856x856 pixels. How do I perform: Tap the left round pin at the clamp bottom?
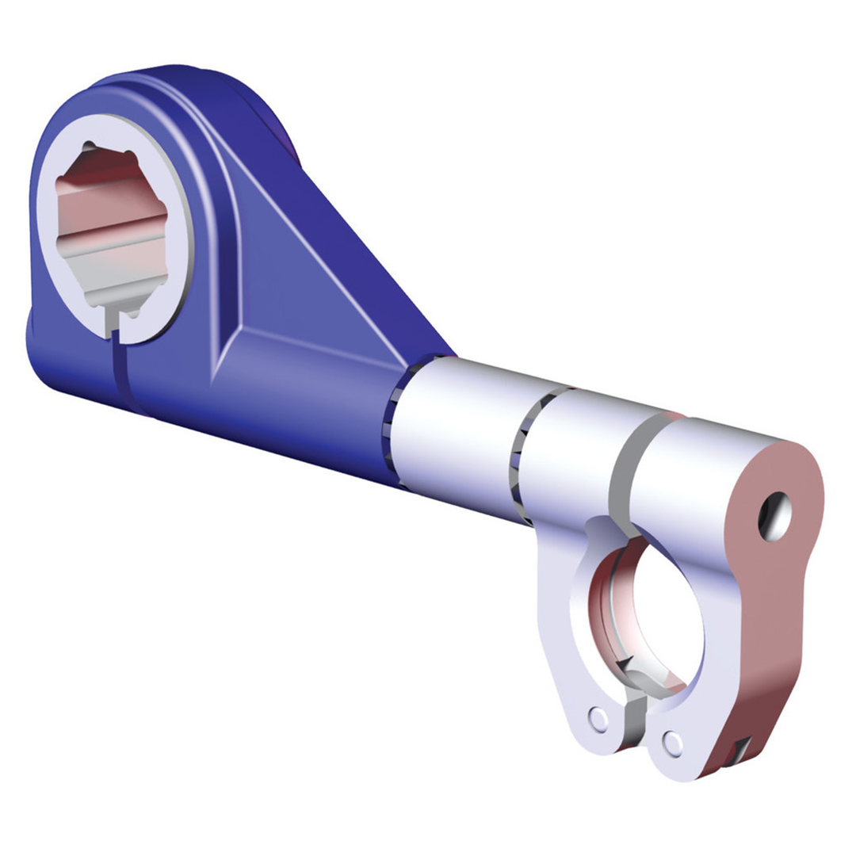click(x=598, y=718)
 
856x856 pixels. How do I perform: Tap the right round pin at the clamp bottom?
click(x=673, y=743)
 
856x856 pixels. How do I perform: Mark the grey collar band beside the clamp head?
click(x=626, y=476)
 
